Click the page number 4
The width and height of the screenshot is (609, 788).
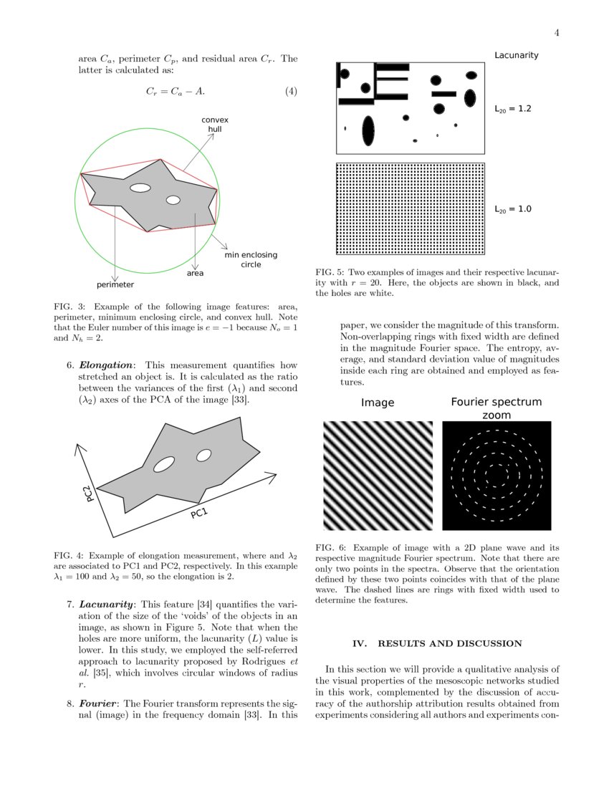point(556,33)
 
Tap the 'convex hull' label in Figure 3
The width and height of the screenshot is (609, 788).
point(214,124)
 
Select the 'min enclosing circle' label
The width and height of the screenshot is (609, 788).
point(251,259)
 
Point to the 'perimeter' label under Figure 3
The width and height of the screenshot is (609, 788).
point(115,284)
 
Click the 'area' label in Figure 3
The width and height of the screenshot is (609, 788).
point(195,273)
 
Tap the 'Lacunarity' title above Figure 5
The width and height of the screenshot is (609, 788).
point(516,55)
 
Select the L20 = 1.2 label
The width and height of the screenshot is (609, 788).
point(512,110)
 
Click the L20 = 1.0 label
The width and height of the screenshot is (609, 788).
point(512,210)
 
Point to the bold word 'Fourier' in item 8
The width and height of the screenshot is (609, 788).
point(94,703)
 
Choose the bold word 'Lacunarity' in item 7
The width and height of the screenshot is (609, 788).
point(105,604)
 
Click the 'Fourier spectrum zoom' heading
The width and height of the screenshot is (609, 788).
point(496,408)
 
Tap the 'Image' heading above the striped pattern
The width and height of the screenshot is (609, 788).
point(378,403)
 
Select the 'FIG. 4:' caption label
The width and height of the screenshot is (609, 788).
point(69,555)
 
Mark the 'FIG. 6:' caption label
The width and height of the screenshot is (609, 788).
point(330,547)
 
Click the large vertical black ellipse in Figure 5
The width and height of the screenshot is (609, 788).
point(368,130)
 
